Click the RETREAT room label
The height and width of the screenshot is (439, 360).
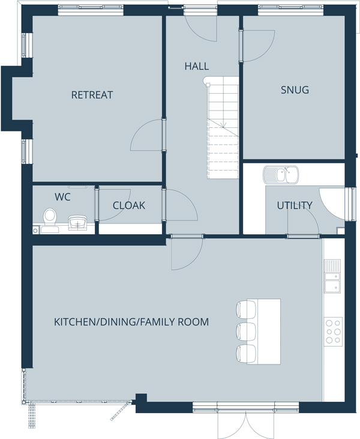92,95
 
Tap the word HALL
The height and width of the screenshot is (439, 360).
197,66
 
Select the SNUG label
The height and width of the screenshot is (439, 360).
295,90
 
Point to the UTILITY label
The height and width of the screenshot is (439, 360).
295,205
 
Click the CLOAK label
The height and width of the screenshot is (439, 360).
129,205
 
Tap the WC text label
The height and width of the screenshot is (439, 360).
62,197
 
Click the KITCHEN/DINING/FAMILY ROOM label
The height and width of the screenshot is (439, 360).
131,322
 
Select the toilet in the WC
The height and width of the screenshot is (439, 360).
50,220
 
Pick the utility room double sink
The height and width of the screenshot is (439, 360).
281,175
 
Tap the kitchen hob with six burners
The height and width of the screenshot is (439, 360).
333,332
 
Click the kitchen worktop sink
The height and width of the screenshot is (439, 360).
332,276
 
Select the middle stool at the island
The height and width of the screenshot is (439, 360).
246,332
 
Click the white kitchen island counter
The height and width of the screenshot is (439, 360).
264,332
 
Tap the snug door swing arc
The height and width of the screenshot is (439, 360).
266,50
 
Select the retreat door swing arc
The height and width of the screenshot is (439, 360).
140,129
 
